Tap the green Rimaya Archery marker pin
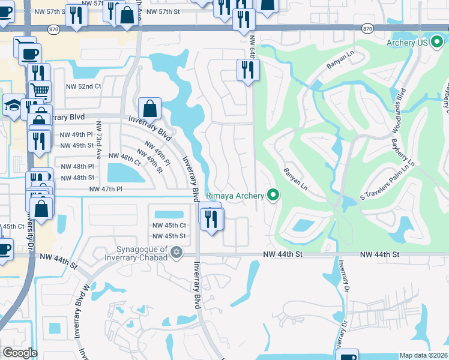[274, 195]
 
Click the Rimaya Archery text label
[235, 196]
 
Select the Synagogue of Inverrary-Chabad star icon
[176, 251]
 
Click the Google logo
[20, 352]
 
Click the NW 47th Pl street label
[106, 189]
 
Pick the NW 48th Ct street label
[124, 155]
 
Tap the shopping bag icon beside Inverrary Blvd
[149, 109]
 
